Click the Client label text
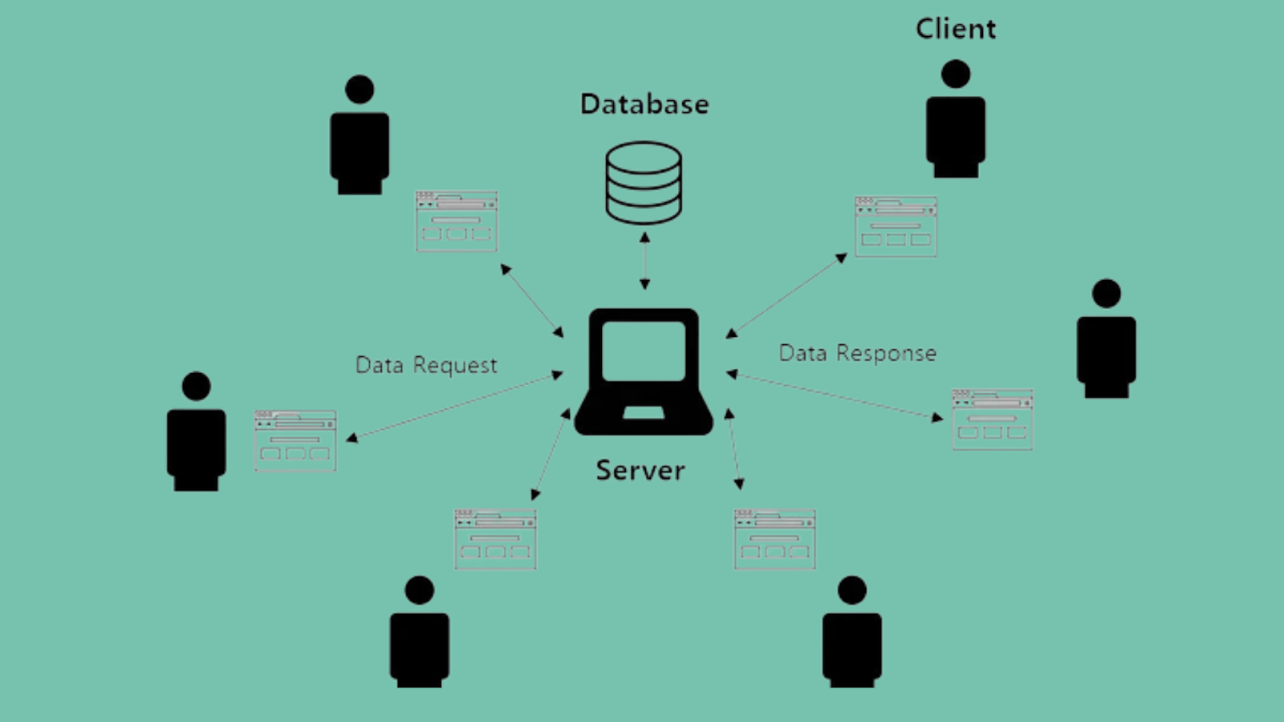click(956, 29)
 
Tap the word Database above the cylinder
click(644, 104)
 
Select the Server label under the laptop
click(640, 470)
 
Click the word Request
click(455, 366)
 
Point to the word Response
click(886, 353)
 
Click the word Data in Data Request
click(380, 365)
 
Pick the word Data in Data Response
click(802, 353)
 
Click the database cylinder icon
click(644, 183)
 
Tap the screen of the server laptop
click(644, 351)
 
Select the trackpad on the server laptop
click(644, 413)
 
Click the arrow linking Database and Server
click(644, 261)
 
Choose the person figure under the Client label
click(956, 120)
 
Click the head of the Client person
click(956, 74)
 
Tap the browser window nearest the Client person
click(896, 227)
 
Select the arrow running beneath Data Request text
click(454, 406)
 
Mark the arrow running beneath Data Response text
click(835, 395)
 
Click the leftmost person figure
click(196, 433)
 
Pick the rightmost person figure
click(1106, 340)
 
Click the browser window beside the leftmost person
click(295, 440)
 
